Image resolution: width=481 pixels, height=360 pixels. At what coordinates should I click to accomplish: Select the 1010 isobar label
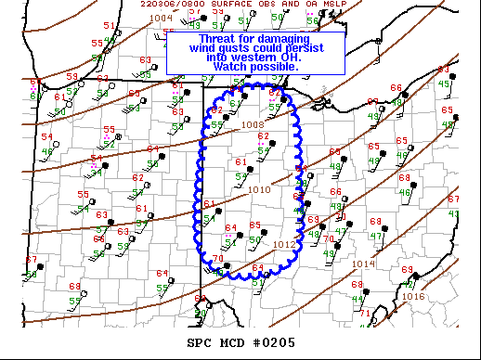point(259,189)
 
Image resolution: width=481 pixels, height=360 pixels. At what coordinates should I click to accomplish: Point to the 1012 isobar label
point(284,245)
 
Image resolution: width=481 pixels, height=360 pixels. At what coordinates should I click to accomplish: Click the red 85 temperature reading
point(254,225)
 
